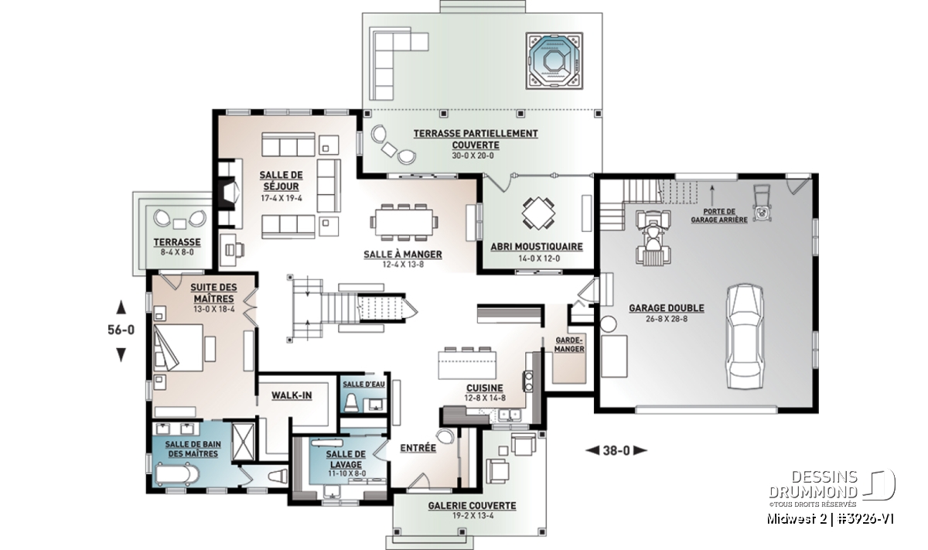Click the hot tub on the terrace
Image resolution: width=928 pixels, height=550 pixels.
click(x=554, y=61)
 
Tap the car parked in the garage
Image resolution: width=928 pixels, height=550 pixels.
click(x=745, y=336)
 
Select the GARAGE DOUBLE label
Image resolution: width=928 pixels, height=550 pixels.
click(x=667, y=308)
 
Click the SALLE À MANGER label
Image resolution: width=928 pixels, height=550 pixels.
click(x=403, y=254)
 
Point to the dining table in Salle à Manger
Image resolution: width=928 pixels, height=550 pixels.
click(x=404, y=222)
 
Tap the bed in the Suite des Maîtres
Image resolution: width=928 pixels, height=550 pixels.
click(x=178, y=347)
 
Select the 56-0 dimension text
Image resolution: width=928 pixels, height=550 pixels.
click(x=121, y=330)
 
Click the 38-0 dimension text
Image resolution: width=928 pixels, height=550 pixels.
click(x=616, y=450)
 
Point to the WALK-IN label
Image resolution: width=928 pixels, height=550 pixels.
click(x=292, y=395)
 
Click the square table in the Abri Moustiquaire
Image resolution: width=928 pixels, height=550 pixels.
click(x=538, y=213)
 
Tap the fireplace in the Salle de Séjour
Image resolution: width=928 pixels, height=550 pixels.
click(x=230, y=193)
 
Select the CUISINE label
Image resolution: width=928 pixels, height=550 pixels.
click(x=485, y=388)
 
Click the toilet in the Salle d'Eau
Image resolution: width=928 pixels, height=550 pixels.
click(x=351, y=402)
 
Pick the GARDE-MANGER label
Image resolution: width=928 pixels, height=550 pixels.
click(x=569, y=344)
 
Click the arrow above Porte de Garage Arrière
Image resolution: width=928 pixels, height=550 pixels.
click(x=712, y=195)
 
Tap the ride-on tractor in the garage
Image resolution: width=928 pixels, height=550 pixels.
click(x=653, y=237)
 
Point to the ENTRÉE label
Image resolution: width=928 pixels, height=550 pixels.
click(x=418, y=448)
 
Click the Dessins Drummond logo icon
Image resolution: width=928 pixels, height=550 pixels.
click(x=879, y=484)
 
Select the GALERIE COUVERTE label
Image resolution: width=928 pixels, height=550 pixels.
click(x=472, y=506)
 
